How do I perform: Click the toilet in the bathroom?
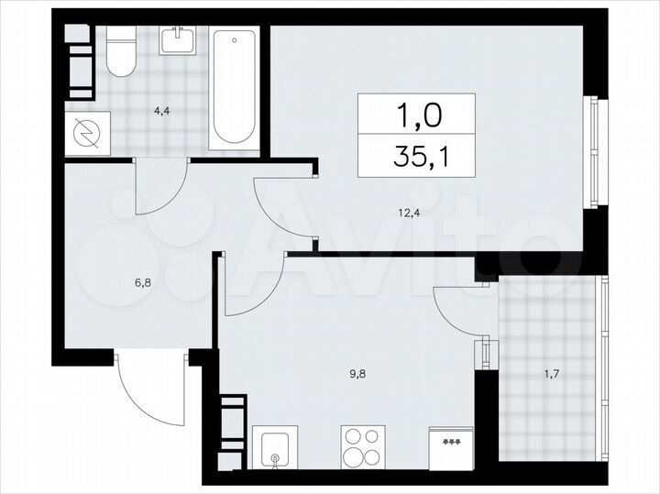click(x=120, y=56)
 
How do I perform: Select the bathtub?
click(x=235, y=88)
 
